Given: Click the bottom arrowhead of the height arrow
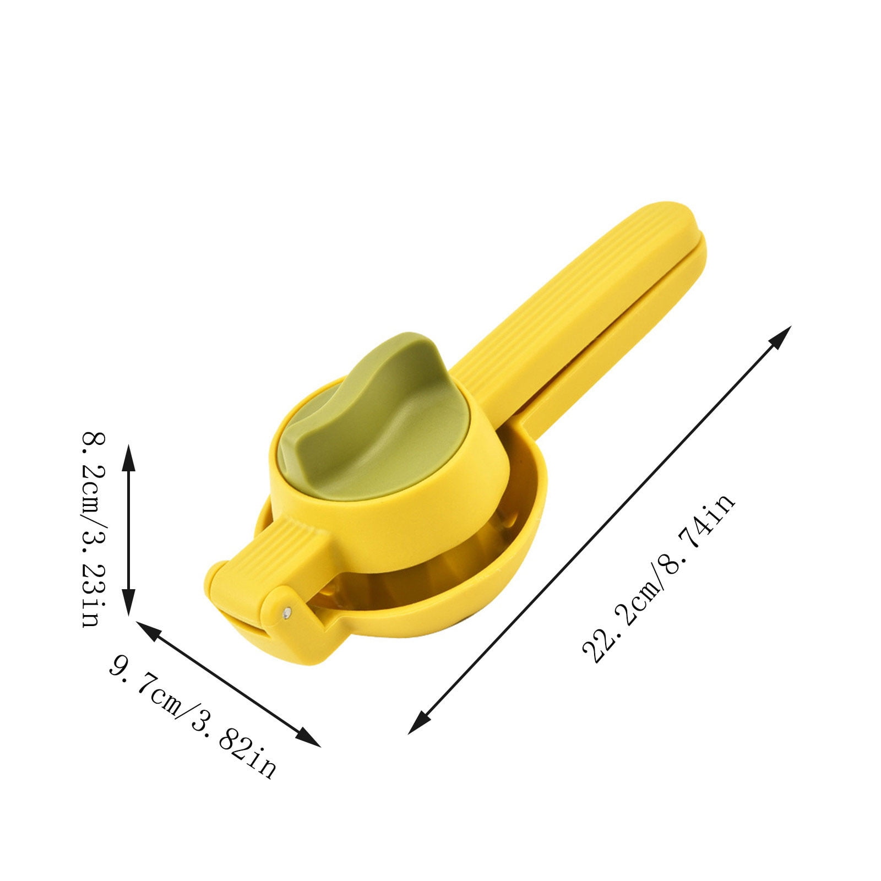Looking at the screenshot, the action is (128, 601).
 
